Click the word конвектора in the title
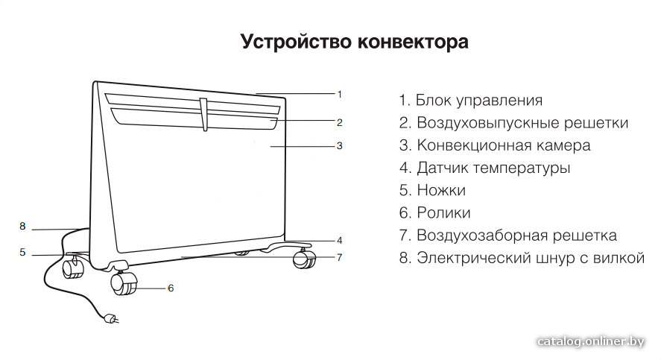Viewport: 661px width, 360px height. tap(413, 42)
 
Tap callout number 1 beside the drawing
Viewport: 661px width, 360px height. tap(339, 95)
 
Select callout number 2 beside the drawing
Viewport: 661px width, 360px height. tap(339, 123)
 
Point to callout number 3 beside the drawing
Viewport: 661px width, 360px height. tap(339, 146)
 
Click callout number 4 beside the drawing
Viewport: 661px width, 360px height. tap(339, 241)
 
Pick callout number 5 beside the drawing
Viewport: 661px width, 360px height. tap(22, 253)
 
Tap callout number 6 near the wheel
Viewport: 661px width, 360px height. tap(171, 288)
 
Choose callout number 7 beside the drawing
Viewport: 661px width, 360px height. tap(339, 257)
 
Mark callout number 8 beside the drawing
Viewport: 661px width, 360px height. tap(22, 227)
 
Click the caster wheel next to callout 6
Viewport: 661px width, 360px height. tap(124, 283)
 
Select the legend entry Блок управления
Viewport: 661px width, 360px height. tap(471, 101)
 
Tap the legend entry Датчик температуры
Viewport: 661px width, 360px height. tap(485, 168)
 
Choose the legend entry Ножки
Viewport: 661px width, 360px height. tap(432, 190)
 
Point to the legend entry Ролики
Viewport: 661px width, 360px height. tap(434, 213)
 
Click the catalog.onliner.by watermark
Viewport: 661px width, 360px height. tap(591, 341)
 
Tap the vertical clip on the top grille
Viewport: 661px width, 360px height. tap(204, 114)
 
